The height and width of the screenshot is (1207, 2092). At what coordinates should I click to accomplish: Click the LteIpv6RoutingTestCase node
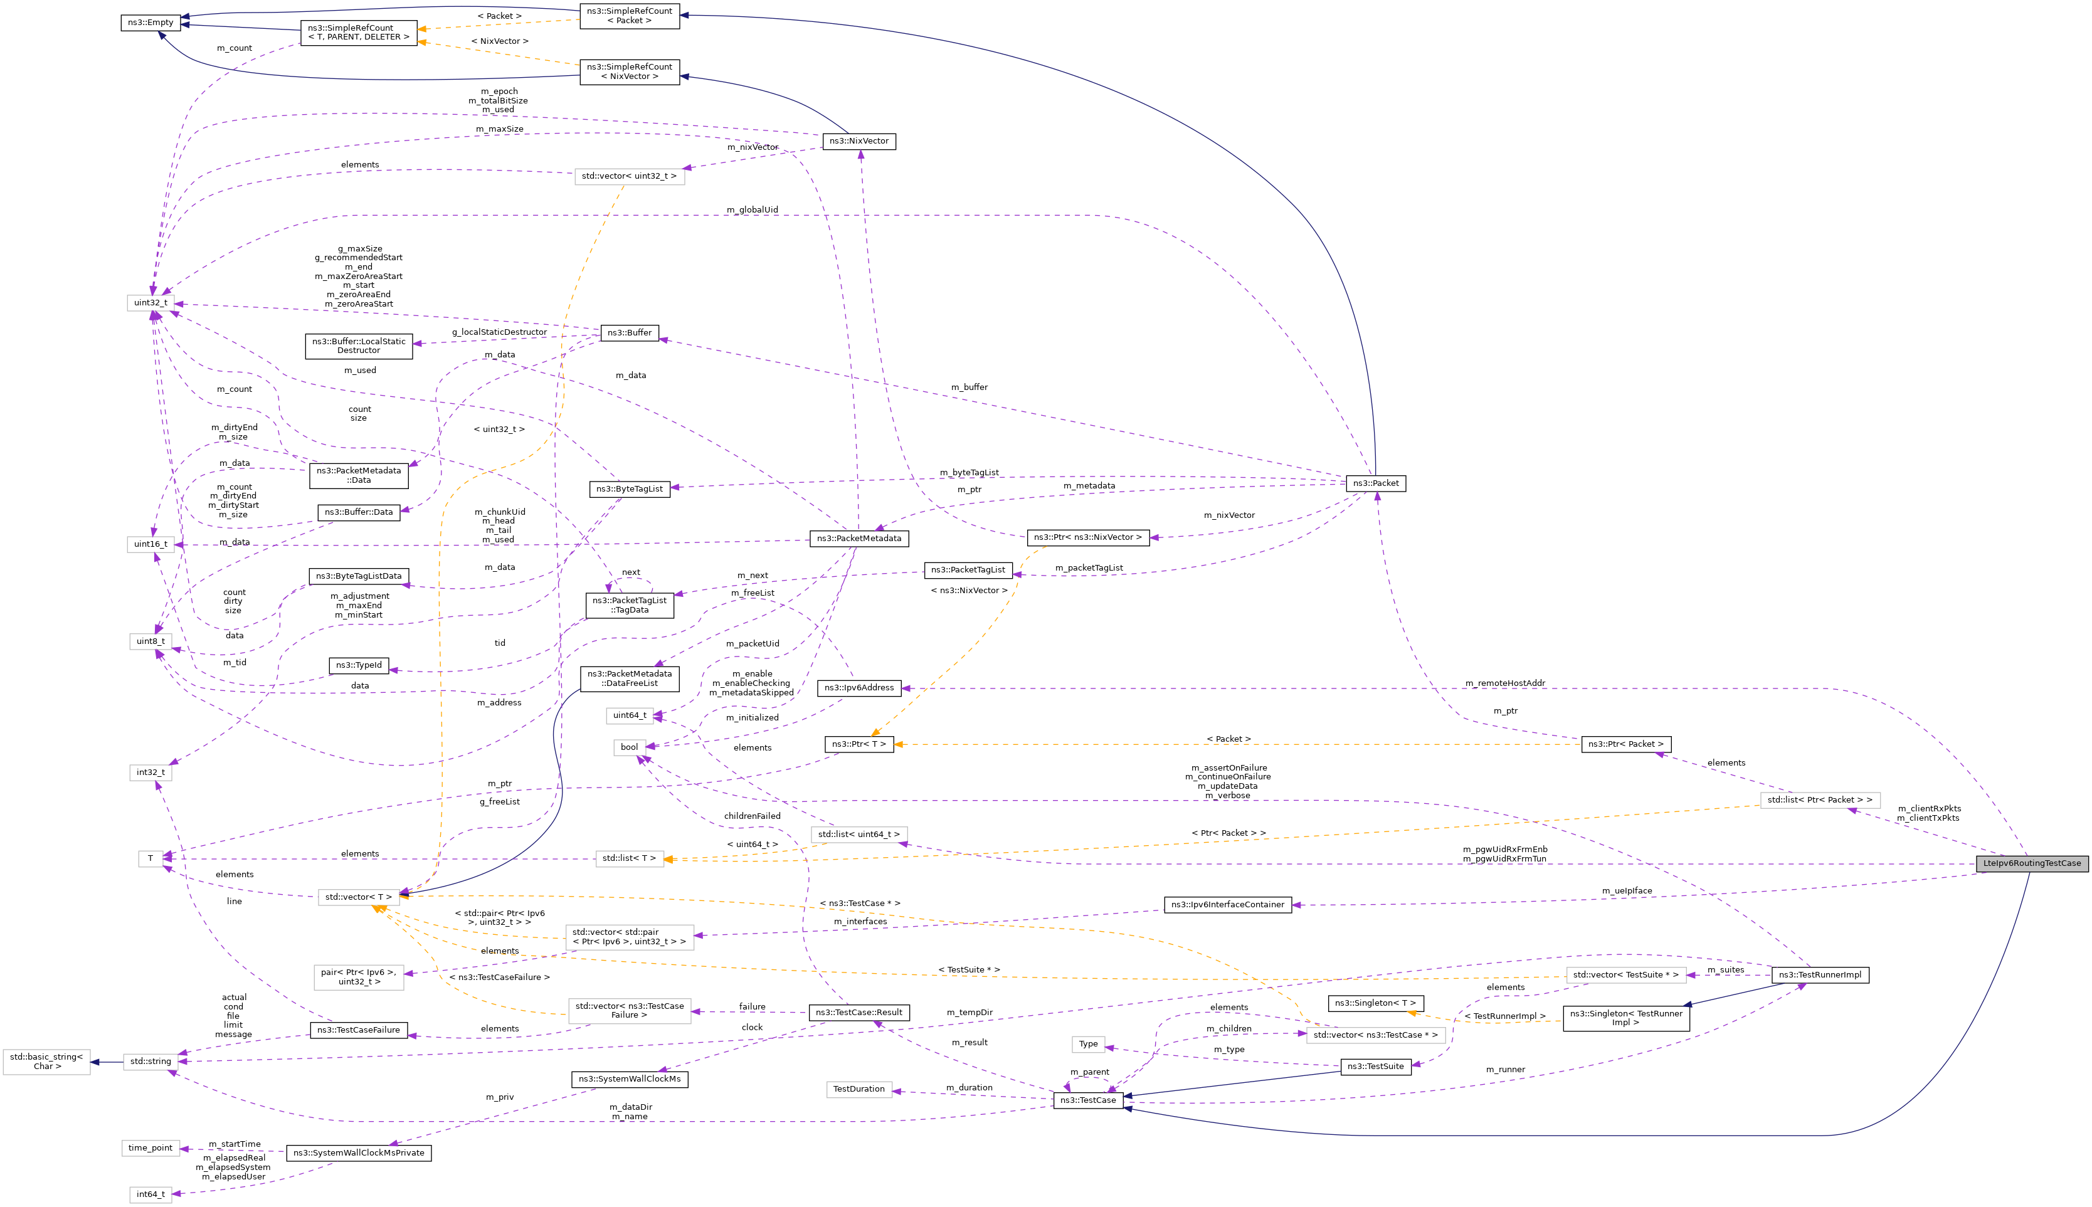pyautogui.click(x=2032, y=863)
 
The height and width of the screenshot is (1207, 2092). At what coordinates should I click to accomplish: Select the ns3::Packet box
pyautogui.click(x=1375, y=483)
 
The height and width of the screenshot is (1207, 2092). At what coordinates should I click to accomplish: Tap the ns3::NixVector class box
pyautogui.click(x=858, y=142)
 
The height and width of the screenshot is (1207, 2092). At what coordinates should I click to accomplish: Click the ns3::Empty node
pyautogui.click(x=150, y=23)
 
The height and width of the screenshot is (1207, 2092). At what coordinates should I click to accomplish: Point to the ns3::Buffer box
pyautogui.click(x=629, y=333)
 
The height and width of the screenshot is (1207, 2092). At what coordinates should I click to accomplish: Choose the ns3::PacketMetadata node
pyautogui.click(x=858, y=539)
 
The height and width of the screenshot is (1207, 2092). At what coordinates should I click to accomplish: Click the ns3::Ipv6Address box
pyautogui.click(x=858, y=688)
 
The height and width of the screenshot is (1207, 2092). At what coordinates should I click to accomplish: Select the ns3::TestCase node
pyautogui.click(x=1087, y=1100)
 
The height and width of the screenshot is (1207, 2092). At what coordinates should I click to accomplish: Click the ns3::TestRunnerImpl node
pyautogui.click(x=1819, y=975)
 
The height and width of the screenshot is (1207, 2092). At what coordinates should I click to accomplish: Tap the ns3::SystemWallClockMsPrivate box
pyautogui.click(x=358, y=1153)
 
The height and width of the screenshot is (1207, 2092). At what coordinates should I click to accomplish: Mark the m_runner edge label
pyautogui.click(x=1505, y=1070)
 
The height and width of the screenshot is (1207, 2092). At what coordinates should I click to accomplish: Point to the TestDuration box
pyautogui.click(x=858, y=1089)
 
